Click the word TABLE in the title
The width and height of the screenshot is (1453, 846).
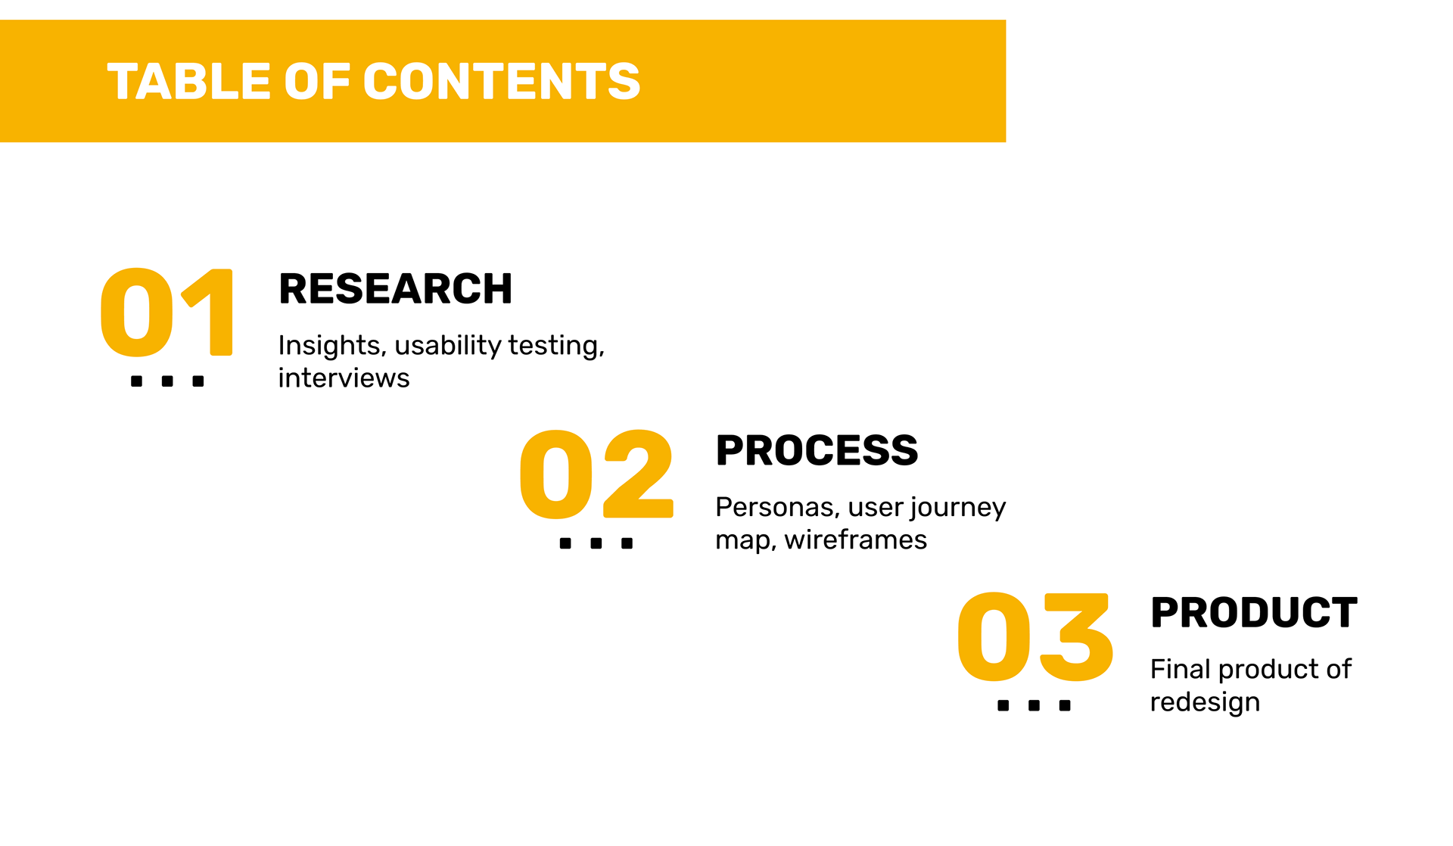click(188, 82)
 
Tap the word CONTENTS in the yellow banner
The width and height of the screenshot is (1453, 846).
click(502, 82)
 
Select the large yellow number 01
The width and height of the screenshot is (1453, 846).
click(166, 312)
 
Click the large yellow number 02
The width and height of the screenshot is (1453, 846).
click(596, 474)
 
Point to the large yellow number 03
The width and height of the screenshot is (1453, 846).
click(1035, 636)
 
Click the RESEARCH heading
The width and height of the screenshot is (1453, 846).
click(395, 289)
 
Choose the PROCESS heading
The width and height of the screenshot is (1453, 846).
click(817, 451)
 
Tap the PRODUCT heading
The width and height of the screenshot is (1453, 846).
click(1253, 613)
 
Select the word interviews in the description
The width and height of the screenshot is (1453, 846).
click(344, 378)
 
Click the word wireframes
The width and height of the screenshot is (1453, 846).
click(855, 540)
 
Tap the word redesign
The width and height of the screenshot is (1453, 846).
click(1205, 702)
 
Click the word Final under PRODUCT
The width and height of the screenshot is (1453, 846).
click(1180, 669)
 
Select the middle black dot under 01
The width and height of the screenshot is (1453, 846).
click(167, 381)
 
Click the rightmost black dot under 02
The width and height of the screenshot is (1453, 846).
click(627, 543)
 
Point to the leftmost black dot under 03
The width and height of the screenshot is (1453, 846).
click(1003, 705)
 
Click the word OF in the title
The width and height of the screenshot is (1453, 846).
click(317, 82)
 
